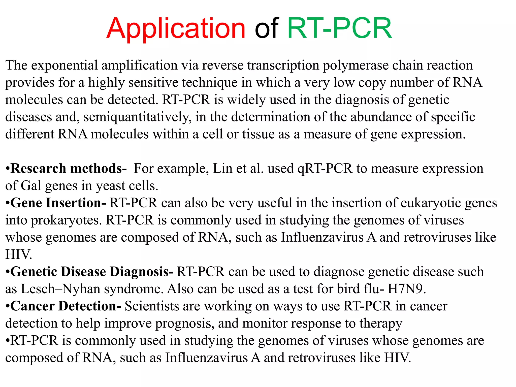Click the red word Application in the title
point(176,28)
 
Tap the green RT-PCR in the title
point(339,28)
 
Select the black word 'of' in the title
point(266,28)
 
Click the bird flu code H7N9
point(406,289)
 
